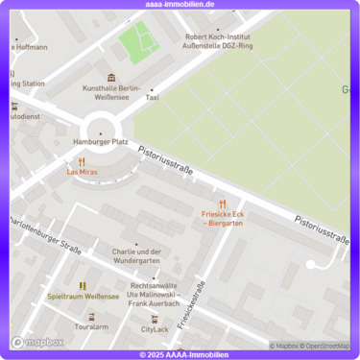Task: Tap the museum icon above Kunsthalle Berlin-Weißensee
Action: tap(111, 77)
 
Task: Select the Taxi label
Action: tap(152, 98)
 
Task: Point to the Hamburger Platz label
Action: tap(100, 141)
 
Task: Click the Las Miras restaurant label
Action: tap(82, 172)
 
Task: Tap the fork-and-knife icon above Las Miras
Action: tap(82, 161)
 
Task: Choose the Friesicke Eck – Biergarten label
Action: tap(222, 219)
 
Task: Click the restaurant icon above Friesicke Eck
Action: tap(222, 204)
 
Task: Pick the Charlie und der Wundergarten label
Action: tap(135, 256)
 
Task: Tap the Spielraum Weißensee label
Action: tap(83, 297)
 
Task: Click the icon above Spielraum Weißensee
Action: tap(83, 285)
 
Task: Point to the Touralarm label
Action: tap(91, 327)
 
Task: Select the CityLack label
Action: tap(155, 329)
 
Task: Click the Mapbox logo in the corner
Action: tap(37, 342)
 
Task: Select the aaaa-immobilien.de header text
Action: tap(180, 4)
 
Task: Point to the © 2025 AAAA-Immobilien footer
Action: tap(180, 355)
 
